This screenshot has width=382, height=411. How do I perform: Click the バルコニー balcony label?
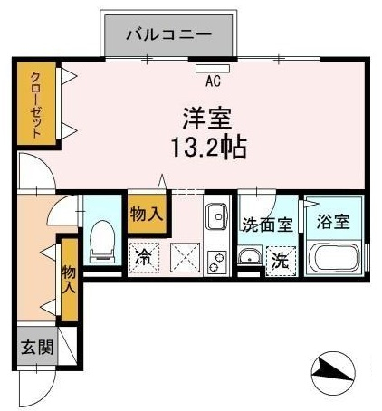(x=169, y=35)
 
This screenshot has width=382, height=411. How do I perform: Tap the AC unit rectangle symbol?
(x=213, y=69)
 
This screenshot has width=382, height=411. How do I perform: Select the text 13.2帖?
(x=209, y=148)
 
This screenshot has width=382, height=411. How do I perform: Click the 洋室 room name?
(x=207, y=119)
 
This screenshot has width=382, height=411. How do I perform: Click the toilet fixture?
(x=102, y=242)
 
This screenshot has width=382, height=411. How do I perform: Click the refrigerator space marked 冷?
(x=143, y=258)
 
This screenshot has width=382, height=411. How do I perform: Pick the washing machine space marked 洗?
(x=281, y=262)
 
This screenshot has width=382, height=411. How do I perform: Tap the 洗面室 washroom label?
(x=268, y=225)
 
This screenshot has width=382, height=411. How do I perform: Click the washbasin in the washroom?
(x=249, y=256)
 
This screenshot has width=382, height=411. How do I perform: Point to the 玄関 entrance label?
(x=37, y=347)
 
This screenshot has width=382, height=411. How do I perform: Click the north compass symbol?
(x=333, y=373)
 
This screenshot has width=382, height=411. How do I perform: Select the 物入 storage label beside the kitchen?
(x=147, y=215)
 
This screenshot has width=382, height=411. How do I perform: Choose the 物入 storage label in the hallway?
(x=69, y=279)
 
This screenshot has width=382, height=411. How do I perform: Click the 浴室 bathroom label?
(x=333, y=222)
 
